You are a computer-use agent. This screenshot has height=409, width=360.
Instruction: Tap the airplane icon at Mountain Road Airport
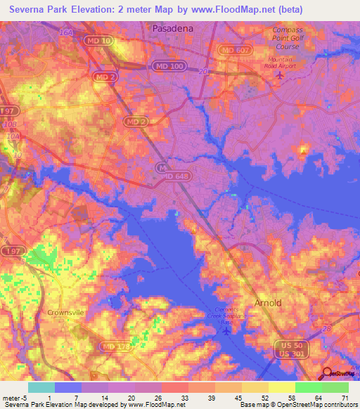click(x=281, y=75)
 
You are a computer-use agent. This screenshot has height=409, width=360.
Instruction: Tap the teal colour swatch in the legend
click(x=41, y=387)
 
